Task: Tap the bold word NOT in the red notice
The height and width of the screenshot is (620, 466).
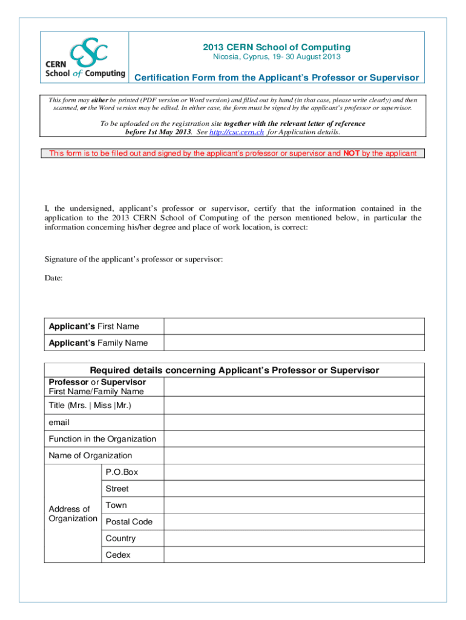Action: (352, 153)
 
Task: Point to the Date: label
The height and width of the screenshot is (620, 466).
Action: (54, 278)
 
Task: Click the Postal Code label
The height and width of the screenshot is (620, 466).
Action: (129, 522)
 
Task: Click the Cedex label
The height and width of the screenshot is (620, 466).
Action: (118, 555)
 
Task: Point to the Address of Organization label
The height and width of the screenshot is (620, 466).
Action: (73, 513)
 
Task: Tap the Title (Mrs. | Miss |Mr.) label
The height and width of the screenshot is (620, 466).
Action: (90, 405)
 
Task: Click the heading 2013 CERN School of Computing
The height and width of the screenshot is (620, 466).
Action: (276, 47)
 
